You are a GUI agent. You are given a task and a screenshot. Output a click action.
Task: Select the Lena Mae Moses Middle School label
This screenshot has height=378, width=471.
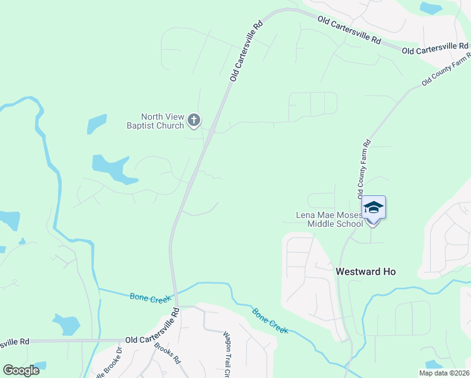pyautogui.click(x=329, y=219)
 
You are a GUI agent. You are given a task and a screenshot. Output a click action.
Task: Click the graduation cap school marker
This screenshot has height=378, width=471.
pyautogui.click(x=373, y=207)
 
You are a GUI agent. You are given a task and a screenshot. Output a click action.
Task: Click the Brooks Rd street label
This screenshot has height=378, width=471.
pyautogui.click(x=167, y=356)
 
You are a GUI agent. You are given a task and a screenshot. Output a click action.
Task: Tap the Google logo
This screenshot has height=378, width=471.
pyautogui.click(x=21, y=370)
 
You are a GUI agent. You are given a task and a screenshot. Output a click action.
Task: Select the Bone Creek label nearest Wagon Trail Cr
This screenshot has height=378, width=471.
pyautogui.click(x=270, y=321)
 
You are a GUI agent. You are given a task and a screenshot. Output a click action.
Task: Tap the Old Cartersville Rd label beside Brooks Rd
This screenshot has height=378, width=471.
pyautogui.click(x=153, y=340)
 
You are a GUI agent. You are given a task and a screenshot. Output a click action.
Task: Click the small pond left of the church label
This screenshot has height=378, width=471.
pyautogui.click(x=96, y=123)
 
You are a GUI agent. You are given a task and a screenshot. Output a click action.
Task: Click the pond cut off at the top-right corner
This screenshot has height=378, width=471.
pyautogui.click(x=431, y=8)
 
